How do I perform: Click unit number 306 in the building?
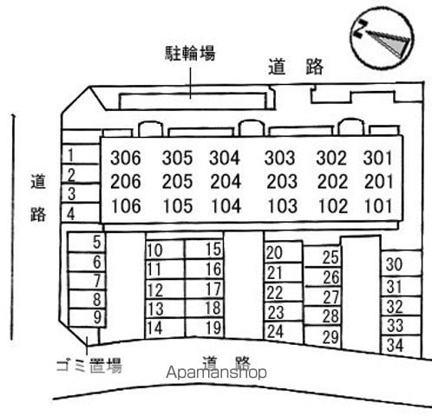126,158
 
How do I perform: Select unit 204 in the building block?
226,181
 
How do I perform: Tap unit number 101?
378,206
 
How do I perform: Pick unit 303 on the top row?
279,158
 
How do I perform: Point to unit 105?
178,206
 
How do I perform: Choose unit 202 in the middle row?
332,182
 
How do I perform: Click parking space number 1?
71,155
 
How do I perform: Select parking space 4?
71,214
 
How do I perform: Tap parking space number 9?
98,317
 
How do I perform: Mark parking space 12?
155,290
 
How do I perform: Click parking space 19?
213,328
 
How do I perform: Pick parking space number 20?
274,253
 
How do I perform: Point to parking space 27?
331,297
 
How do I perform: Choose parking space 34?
395,345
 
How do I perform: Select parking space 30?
394,264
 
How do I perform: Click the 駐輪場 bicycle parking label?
190,54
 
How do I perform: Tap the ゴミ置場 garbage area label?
89,366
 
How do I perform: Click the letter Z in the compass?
359,29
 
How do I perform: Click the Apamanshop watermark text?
216,373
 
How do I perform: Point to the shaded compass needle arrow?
389,42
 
